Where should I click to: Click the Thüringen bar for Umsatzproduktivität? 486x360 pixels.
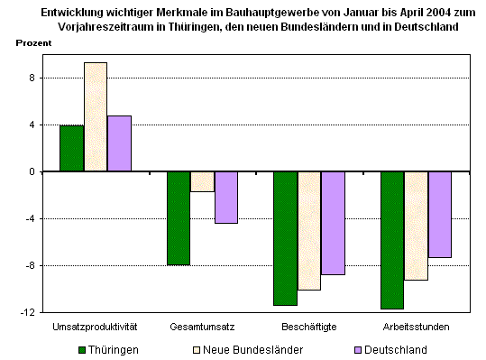tap(71, 148)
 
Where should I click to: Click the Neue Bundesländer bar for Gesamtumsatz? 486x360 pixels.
tap(202, 181)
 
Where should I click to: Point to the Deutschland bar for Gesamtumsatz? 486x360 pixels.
tap(225, 197)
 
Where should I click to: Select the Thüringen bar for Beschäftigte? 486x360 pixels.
tap(285, 238)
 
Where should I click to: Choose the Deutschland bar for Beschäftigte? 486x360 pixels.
tap(333, 223)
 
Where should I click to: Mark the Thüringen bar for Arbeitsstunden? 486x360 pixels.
tap(392, 240)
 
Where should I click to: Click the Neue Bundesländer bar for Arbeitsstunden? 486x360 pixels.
tap(416, 226)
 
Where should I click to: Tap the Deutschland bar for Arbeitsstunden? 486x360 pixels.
tap(439, 215)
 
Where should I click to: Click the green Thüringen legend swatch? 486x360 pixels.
tap(82, 348)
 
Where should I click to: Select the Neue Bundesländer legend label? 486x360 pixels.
tap(254, 348)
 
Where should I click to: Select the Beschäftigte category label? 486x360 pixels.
tap(308, 326)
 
